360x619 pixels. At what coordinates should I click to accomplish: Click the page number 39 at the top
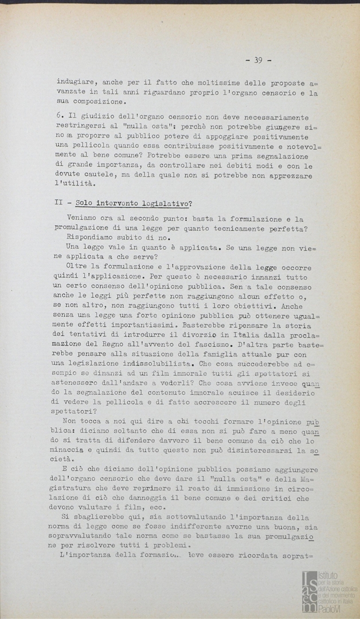click(x=258, y=60)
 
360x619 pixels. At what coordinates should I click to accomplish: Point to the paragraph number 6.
click(x=60, y=116)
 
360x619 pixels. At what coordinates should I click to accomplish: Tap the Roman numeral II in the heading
click(x=59, y=202)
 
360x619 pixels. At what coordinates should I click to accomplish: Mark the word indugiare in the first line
click(x=77, y=83)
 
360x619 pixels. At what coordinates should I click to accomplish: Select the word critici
click(x=295, y=498)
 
